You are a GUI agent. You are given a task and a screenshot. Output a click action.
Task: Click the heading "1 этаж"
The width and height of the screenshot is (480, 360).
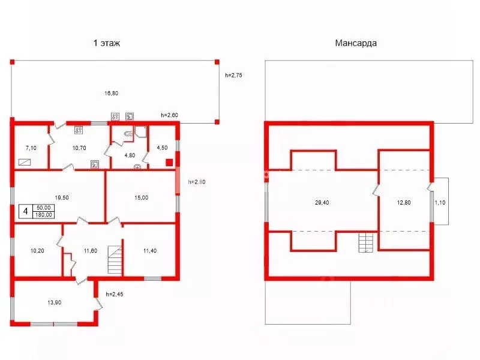(107, 43)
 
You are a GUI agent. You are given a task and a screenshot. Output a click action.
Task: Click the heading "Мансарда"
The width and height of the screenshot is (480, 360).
(356, 43)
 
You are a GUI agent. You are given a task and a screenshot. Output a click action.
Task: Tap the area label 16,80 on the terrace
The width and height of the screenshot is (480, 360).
(111, 93)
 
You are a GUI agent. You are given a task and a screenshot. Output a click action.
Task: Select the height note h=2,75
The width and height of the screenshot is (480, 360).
(233, 75)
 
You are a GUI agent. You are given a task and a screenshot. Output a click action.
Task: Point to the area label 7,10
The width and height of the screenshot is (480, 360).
(31, 148)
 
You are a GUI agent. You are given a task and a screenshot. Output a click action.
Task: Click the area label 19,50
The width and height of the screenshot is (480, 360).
(62, 197)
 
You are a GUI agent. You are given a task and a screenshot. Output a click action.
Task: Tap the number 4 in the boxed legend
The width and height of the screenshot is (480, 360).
(26, 211)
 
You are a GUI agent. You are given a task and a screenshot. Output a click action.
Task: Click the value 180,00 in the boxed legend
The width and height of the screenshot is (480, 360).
(43, 215)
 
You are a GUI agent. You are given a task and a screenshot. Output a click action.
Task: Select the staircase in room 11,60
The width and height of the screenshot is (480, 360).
(115, 260)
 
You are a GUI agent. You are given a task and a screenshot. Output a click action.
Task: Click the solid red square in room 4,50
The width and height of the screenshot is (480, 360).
(169, 162)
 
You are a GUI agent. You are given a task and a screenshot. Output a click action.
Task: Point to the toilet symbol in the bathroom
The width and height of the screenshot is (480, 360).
(128, 133)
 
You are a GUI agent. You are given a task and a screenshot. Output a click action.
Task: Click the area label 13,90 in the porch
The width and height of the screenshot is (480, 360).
(54, 302)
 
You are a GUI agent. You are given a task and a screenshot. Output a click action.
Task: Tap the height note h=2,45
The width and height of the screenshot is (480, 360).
(115, 294)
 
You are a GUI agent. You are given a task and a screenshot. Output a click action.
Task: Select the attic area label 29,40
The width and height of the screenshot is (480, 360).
(322, 202)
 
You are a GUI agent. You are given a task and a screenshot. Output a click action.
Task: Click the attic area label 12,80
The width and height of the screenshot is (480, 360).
(404, 202)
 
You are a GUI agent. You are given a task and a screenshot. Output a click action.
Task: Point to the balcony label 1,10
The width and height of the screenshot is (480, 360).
(440, 202)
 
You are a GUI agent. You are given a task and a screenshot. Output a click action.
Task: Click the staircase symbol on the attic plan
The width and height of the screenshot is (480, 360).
(366, 242)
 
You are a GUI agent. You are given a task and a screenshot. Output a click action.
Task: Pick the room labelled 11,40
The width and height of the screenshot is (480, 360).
(149, 251)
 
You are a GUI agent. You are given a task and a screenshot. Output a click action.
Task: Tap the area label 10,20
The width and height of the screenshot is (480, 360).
(37, 251)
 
